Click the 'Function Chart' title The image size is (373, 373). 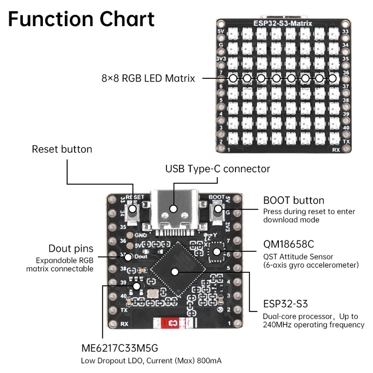[x=81, y=19]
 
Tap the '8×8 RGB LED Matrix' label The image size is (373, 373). [x=148, y=79]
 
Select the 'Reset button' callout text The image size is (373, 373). [x=62, y=149]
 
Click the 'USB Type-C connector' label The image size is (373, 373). [x=217, y=169]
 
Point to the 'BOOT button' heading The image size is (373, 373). [x=294, y=200]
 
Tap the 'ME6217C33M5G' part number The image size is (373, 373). [x=120, y=348]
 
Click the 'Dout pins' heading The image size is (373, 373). [x=71, y=248]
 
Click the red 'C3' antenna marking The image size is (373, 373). [x=173, y=322]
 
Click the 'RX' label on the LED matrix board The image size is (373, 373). [x=336, y=150]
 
